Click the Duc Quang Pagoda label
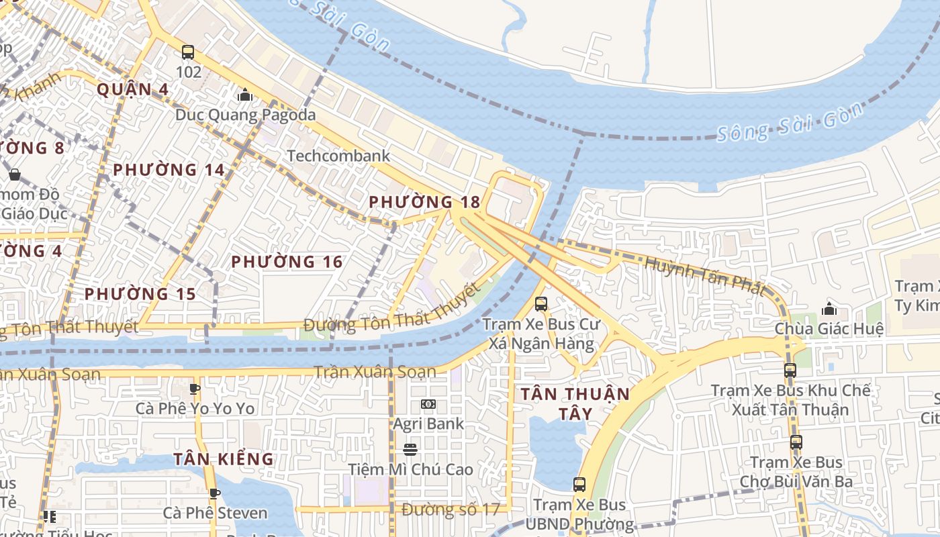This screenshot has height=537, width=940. click(x=245, y=115)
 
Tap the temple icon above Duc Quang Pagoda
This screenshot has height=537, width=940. click(x=245, y=95)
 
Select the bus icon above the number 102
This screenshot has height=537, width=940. click(x=188, y=52)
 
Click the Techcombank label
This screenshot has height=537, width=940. click(x=338, y=156)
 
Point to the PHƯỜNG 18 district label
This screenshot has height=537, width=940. click(x=424, y=202)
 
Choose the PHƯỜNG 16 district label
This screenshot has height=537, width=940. click(x=287, y=262)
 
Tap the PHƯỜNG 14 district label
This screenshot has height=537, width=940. click(x=169, y=170)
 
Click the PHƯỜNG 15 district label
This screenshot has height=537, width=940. click(x=140, y=294)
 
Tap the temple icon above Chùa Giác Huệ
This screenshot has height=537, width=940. click(x=829, y=309)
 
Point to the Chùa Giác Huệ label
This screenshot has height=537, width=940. click(x=829, y=329)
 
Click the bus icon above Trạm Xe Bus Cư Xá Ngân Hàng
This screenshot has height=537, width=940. click(x=541, y=304)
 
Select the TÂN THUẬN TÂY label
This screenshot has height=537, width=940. click(x=575, y=403)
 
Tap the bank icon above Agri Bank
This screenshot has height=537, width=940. click(x=428, y=404)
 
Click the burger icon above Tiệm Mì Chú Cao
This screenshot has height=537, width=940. click(x=410, y=450)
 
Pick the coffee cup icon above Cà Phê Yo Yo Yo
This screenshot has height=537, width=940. click(x=195, y=389)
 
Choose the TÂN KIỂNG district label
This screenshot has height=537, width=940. click(x=224, y=459)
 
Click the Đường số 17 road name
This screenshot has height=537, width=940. click(x=451, y=509)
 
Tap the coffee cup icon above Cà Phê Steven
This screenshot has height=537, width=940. click(x=215, y=494)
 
